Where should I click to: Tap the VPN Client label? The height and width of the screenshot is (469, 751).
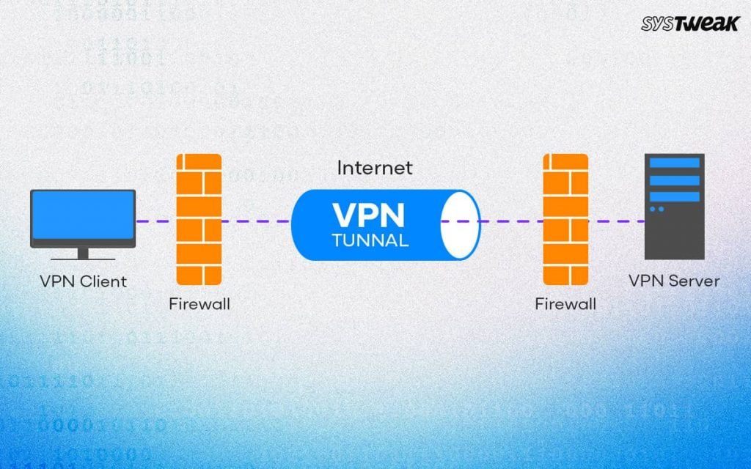[x=83, y=281]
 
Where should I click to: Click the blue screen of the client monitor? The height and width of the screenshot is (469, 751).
[x=83, y=216]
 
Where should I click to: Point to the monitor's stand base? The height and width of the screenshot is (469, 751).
[x=83, y=257]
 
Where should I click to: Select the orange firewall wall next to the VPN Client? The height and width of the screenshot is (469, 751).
[x=199, y=219]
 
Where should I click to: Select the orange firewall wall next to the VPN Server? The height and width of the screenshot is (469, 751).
[x=565, y=219]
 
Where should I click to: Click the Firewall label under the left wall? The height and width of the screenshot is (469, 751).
[x=198, y=303]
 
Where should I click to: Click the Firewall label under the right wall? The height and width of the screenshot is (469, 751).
[x=565, y=303]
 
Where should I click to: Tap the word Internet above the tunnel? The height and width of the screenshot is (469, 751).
[x=375, y=168]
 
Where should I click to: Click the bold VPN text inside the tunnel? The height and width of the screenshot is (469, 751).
[x=368, y=215]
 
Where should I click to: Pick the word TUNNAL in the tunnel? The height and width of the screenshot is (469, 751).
[x=370, y=240]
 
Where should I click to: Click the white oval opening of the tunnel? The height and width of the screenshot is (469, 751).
[x=460, y=224]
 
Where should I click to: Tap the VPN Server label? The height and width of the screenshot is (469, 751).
[x=674, y=281]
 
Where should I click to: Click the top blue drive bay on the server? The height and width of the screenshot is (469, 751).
[x=674, y=163]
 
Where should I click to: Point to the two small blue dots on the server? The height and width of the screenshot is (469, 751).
[x=656, y=209]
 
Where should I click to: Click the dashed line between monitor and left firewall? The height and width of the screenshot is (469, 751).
[x=155, y=221]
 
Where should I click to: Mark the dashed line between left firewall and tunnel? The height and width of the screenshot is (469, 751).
[x=256, y=221]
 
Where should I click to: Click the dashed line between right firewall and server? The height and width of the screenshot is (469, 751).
[x=616, y=221]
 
